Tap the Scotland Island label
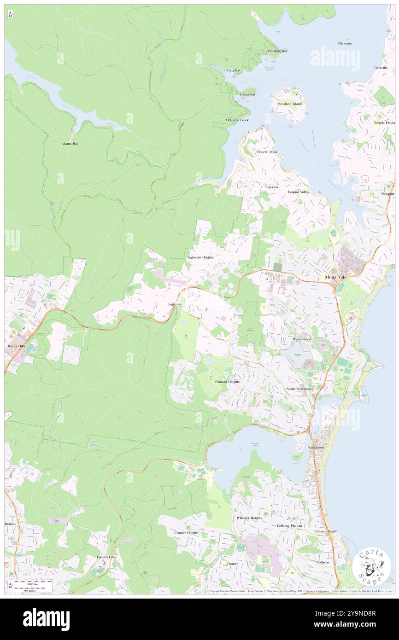[290, 104]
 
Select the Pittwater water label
[345, 43]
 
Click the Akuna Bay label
[70, 144]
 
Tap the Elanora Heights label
[227, 382]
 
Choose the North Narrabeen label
[299, 389]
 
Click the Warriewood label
[302, 339]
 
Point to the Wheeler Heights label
[249, 518]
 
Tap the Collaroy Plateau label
[289, 525]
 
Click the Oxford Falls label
[106, 557]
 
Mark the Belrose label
[11, 524]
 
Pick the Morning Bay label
[277, 51]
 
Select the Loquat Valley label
[299, 192]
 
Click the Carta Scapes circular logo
[372, 566]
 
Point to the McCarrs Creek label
[237, 120]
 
